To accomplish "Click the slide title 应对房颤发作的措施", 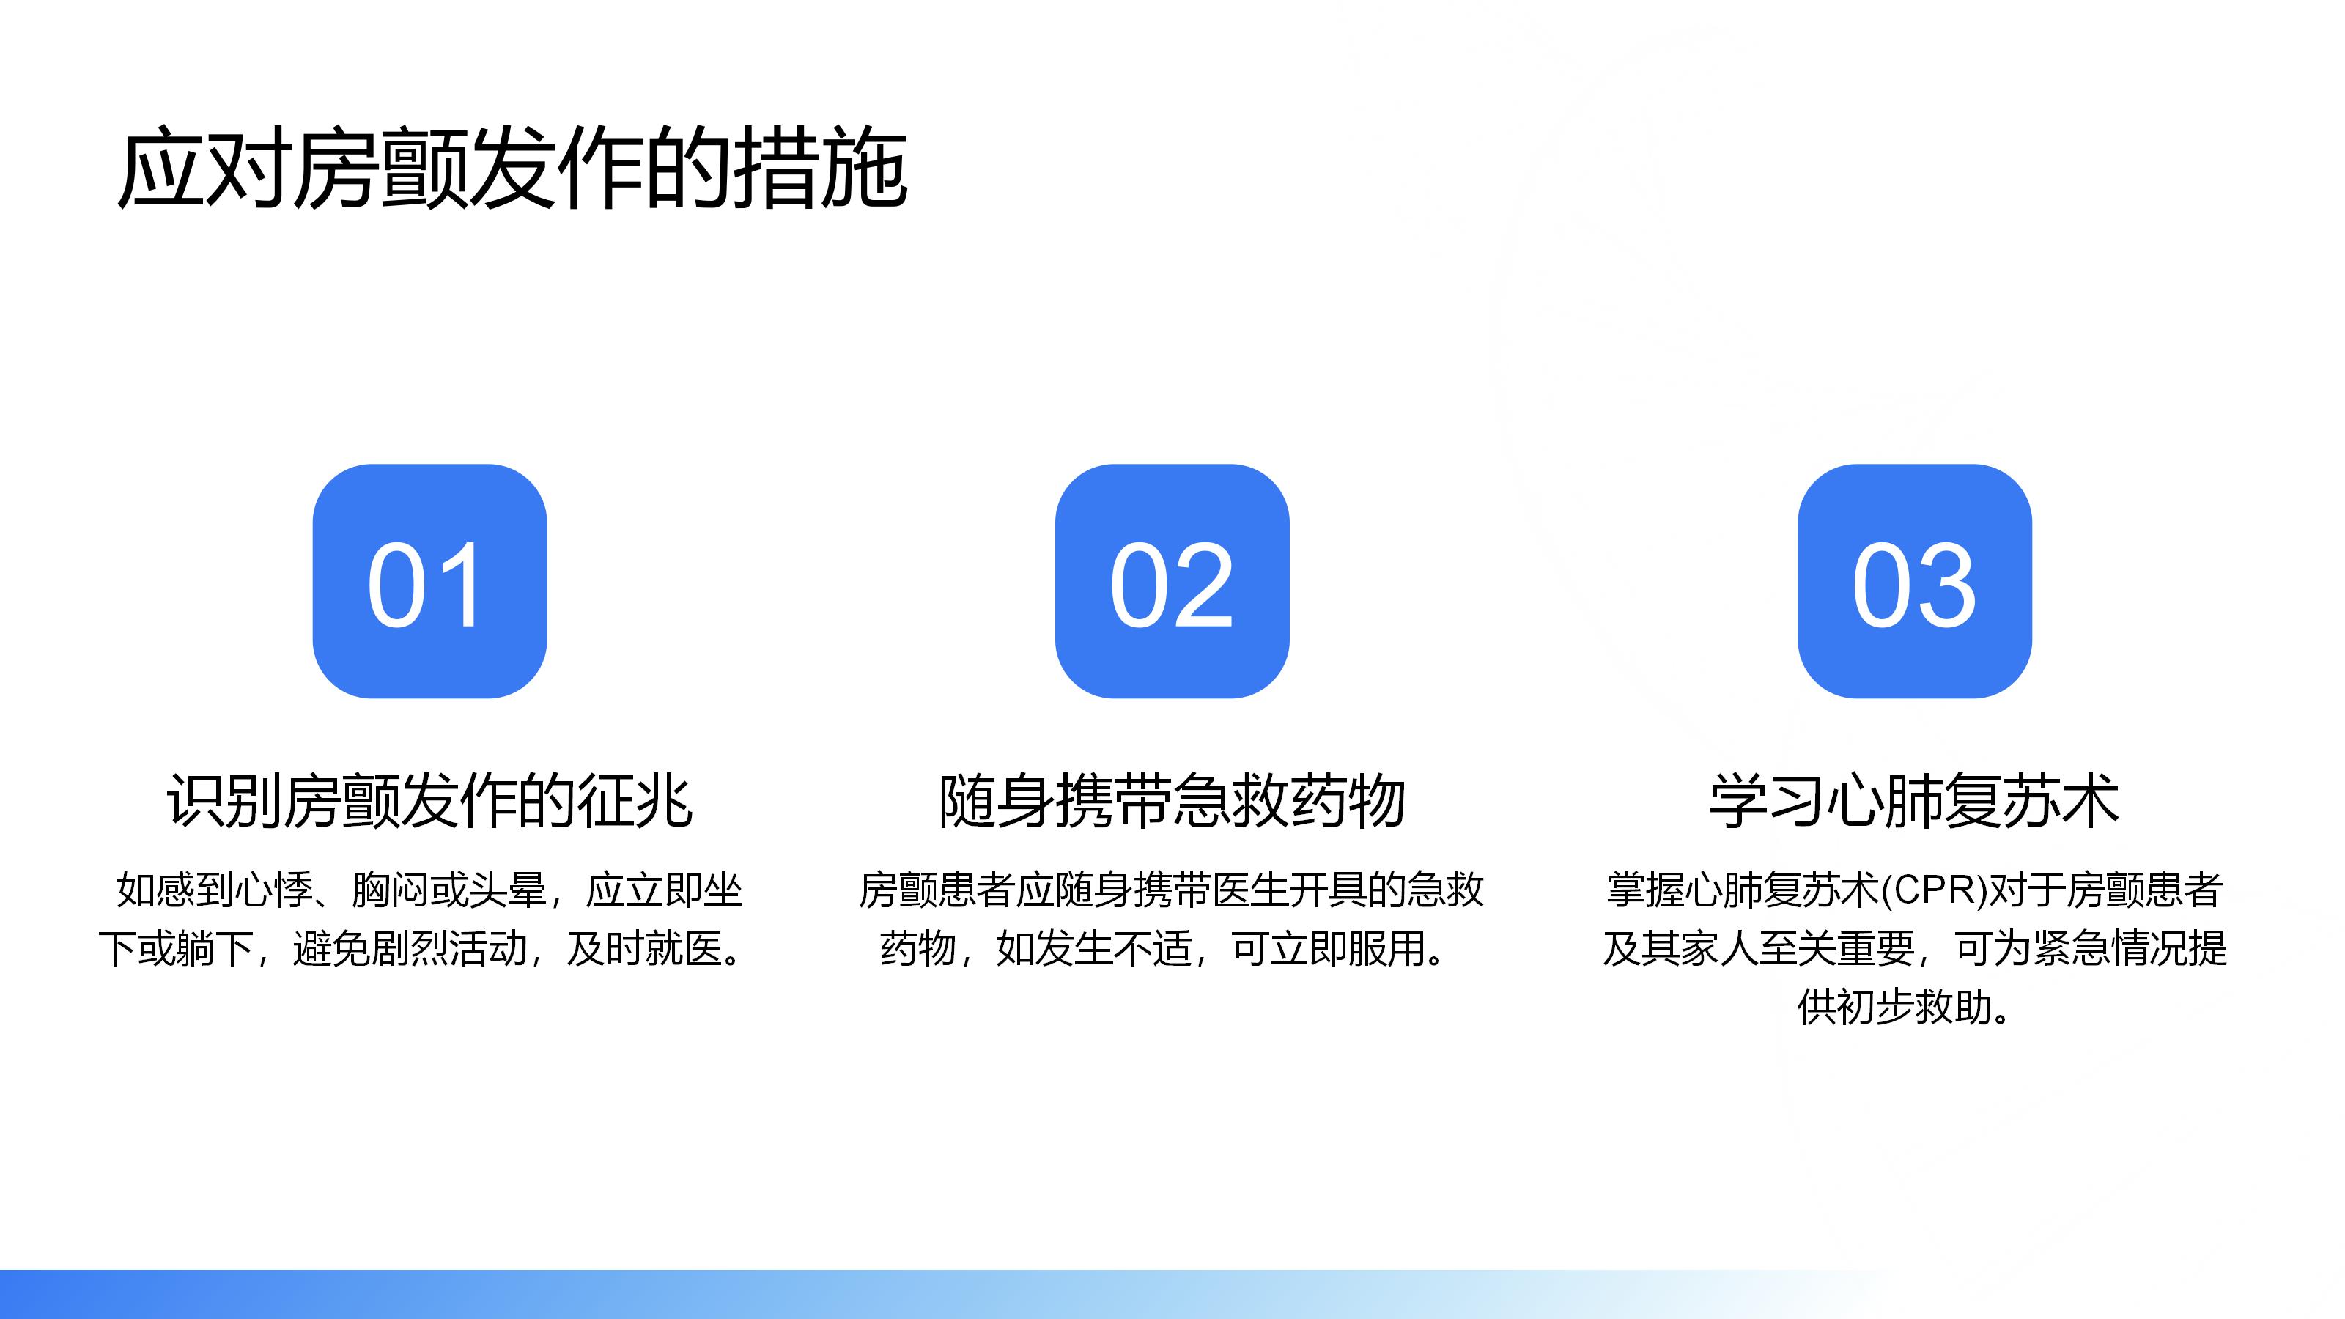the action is pyautogui.click(x=512, y=168).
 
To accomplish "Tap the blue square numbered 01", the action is pyautogui.click(x=429, y=581).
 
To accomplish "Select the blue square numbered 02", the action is pyautogui.click(x=1172, y=581).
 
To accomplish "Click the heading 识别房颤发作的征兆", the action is pyautogui.click(x=429, y=800).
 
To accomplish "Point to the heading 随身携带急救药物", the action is pyautogui.click(x=1172, y=800).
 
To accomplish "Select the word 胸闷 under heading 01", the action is pyautogui.click(x=391, y=890).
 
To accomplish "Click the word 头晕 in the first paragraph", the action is pyautogui.click(x=507, y=890).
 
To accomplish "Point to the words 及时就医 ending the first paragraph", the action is pyautogui.click(x=645, y=948).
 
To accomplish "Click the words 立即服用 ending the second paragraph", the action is pyautogui.click(x=1348, y=948).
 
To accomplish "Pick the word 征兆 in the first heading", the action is pyautogui.click(x=635, y=800).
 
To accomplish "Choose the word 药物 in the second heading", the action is pyautogui.click(x=1348, y=800).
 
